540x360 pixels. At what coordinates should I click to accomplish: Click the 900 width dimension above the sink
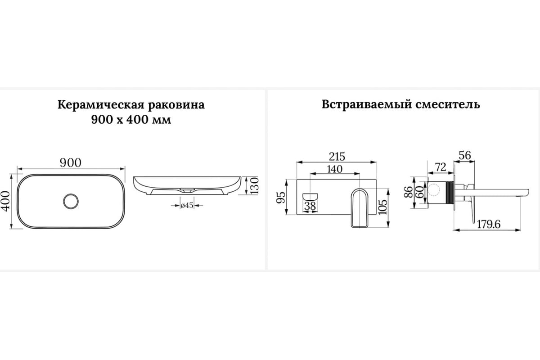[70, 163]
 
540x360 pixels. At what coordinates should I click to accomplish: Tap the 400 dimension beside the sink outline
[5, 201]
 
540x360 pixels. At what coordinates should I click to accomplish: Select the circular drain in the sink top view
[71, 201]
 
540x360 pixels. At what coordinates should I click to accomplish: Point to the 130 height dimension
[254, 186]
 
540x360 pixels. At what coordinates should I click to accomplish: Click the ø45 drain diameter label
[187, 205]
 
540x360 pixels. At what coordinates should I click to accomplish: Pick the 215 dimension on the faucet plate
[337, 157]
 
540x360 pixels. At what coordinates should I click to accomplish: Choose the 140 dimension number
[335, 169]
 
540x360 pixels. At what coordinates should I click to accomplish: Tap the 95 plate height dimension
[281, 197]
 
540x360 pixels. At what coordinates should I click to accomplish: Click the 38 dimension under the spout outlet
[310, 206]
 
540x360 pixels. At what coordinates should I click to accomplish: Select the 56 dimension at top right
[465, 156]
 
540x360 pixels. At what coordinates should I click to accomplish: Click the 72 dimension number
[441, 167]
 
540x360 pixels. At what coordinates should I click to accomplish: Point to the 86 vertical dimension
[409, 192]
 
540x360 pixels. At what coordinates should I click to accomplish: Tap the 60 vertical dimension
[419, 192]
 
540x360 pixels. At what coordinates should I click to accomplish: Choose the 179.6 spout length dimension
[489, 224]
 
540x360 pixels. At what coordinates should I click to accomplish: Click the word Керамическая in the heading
[101, 105]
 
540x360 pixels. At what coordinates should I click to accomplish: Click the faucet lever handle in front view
[359, 208]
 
